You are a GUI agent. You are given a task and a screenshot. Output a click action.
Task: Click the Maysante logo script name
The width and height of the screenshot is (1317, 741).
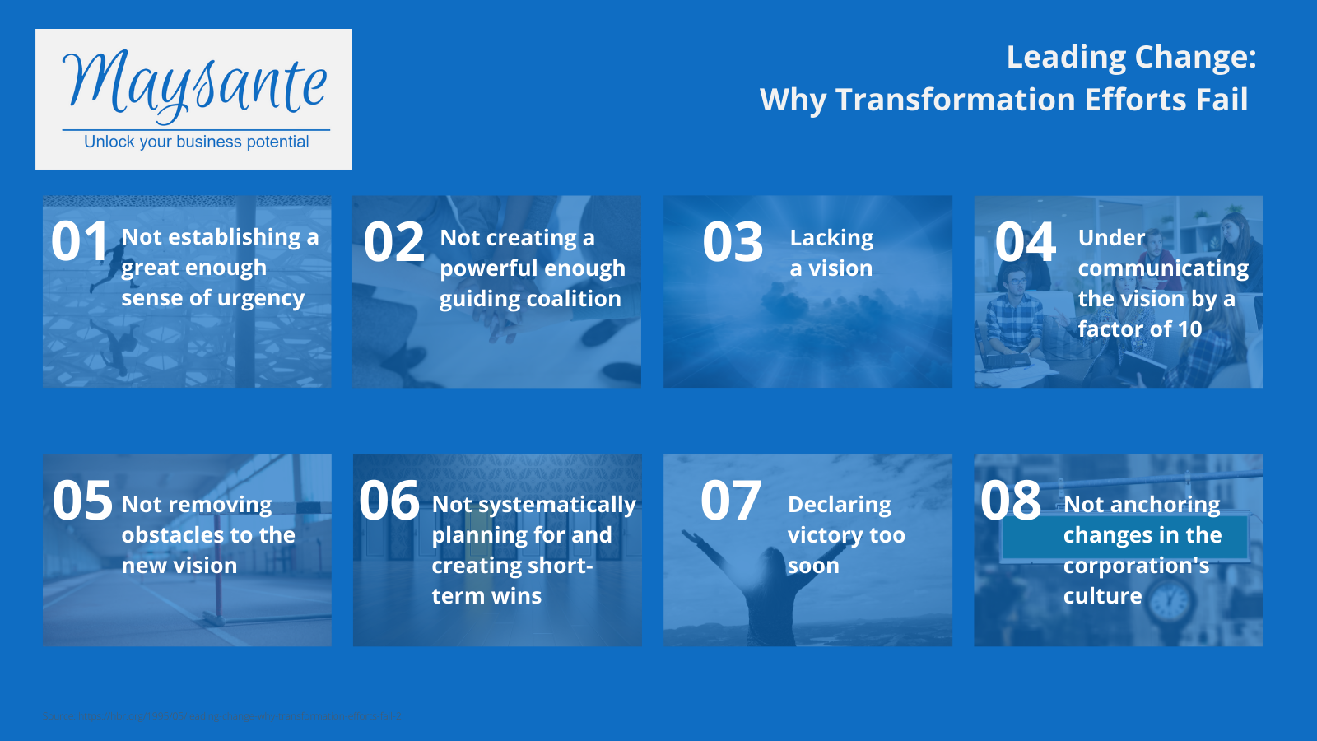pos(195,83)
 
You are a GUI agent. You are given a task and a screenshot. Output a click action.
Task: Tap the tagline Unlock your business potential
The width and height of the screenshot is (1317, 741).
pos(196,142)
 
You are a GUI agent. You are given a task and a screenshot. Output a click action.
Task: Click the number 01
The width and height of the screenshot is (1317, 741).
pos(80,242)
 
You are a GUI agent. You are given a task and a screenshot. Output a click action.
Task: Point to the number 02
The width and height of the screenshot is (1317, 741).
pos(393,243)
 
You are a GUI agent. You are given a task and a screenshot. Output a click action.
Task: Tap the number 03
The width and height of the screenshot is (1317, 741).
pos(733,243)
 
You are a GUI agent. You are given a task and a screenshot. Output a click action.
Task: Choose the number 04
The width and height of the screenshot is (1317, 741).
pos(1025,243)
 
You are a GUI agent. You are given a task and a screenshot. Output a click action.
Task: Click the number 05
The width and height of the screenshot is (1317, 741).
pos(82,501)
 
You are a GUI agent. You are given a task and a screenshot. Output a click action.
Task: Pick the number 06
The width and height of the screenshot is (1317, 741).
pos(389,501)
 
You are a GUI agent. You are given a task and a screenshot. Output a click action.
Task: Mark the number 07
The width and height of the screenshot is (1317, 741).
pos(730,501)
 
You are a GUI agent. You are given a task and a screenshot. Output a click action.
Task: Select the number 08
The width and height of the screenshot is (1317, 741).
pos(1011,501)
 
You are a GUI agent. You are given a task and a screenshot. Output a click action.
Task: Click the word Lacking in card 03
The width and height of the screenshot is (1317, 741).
pos(831,238)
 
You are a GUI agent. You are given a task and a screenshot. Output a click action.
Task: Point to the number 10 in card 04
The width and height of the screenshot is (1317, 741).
pos(1189,329)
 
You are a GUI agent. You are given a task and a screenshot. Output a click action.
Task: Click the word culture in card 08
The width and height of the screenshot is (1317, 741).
pos(1102,596)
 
